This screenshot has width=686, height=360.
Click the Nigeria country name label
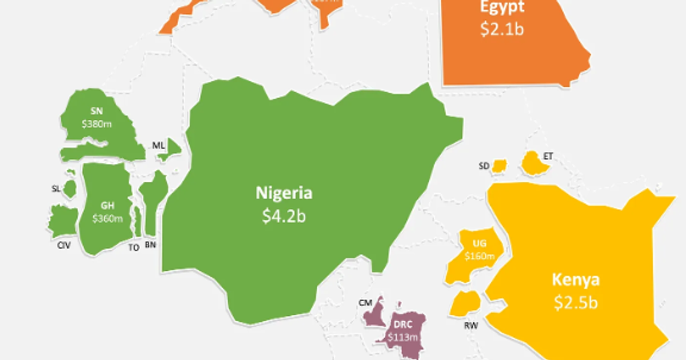click(x=284, y=193)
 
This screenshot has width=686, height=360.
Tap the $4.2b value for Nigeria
click(x=284, y=217)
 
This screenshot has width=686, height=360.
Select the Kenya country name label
click(x=576, y=280)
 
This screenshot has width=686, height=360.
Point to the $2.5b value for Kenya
click(x=576, y=303)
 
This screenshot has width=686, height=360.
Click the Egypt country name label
click(x=502, y=8)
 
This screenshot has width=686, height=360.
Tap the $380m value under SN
click(x=95, y=123)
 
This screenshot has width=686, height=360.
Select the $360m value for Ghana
click(x=107, y=218)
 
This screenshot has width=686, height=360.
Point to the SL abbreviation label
click(x=55, y=189)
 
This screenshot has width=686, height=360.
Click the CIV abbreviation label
click(x=63, y=246)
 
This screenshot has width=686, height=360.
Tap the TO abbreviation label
click(x=134, y=248)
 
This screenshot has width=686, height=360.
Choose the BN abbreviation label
click(x=150, y=245)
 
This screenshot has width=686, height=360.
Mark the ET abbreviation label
click(x=549, y=156)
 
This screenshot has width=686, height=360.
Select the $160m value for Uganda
click(x=479, y=256)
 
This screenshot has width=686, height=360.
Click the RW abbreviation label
click(x=471, y=326)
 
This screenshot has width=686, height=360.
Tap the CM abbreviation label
click(x=364, y=302)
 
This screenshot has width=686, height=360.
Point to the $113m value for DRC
click(x=400, y=337)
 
